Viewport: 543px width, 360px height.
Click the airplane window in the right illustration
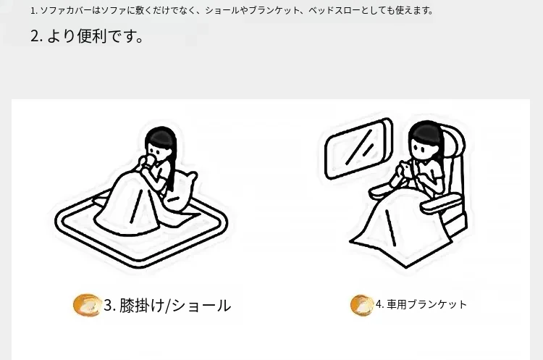pyautogui.click(x=358, y=149)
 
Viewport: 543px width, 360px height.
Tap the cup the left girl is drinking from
pyautogui.click(x=149, y=161)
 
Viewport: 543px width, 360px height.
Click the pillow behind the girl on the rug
pyautogui.click(x=181, y=191)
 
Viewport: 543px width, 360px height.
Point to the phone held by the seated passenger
pyautogui.click(x=405, y=169)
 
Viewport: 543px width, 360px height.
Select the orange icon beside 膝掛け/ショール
pyautogui.click(x=87, y=305)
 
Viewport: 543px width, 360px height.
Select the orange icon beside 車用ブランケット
pyautogui.click(x=362, y=305)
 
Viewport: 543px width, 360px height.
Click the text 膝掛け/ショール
pyautogui.click(x=175, y=306)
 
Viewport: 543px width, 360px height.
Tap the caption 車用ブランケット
pyautogui.click(x=427, y=304)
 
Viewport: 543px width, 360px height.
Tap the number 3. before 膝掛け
pyautogui.click(x=109, y=306)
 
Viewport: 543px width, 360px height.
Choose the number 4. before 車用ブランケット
pyautogui.click(x=380, y=304)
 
